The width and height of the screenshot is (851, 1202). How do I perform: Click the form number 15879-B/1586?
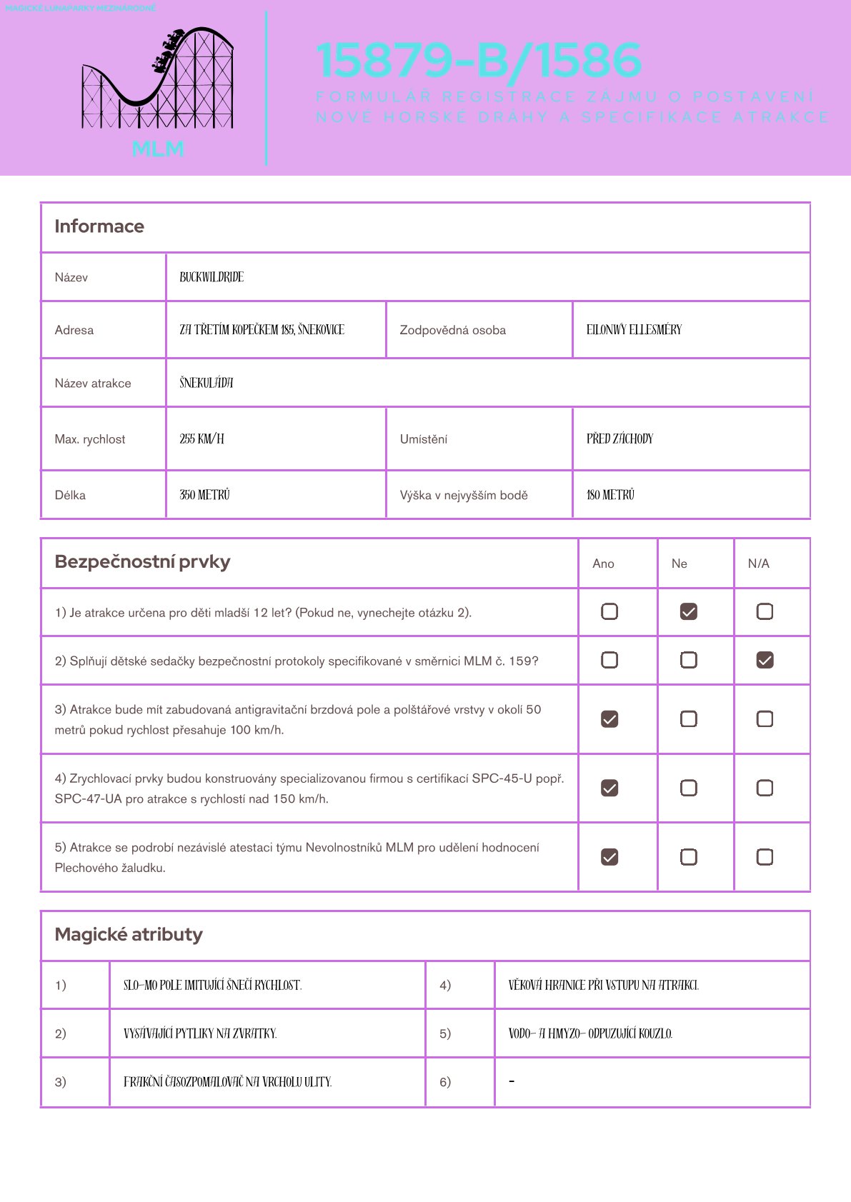(479, 60)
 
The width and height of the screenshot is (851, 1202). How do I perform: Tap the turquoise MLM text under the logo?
(158, 149)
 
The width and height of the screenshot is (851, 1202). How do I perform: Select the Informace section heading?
(99, 226)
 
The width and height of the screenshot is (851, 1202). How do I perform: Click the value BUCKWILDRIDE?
(211, 277)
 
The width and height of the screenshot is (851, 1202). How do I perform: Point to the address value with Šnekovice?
(262, 330)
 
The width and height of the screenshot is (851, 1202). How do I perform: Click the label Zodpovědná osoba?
(452, 330)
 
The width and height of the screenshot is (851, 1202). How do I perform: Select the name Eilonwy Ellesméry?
(634, 330)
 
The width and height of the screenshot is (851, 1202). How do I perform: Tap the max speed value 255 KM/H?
(201, 439)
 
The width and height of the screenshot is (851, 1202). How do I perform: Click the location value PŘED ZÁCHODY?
(619, 439)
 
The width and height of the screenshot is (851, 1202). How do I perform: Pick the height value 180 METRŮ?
(610, 495)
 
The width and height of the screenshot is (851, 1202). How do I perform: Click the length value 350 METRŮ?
(204, 495)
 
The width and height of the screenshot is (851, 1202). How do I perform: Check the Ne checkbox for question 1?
(688, 612)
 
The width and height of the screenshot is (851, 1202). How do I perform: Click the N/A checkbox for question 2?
(765, 661)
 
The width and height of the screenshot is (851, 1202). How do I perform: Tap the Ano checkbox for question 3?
(609, 719)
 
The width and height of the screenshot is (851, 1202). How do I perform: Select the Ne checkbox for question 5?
(688, 857)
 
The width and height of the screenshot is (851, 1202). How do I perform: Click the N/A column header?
(758, 564)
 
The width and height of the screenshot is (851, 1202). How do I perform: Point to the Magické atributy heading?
(129, 935)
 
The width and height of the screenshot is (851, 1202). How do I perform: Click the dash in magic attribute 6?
(512, 1082)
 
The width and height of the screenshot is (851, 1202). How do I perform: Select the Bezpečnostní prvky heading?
(142, 562)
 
